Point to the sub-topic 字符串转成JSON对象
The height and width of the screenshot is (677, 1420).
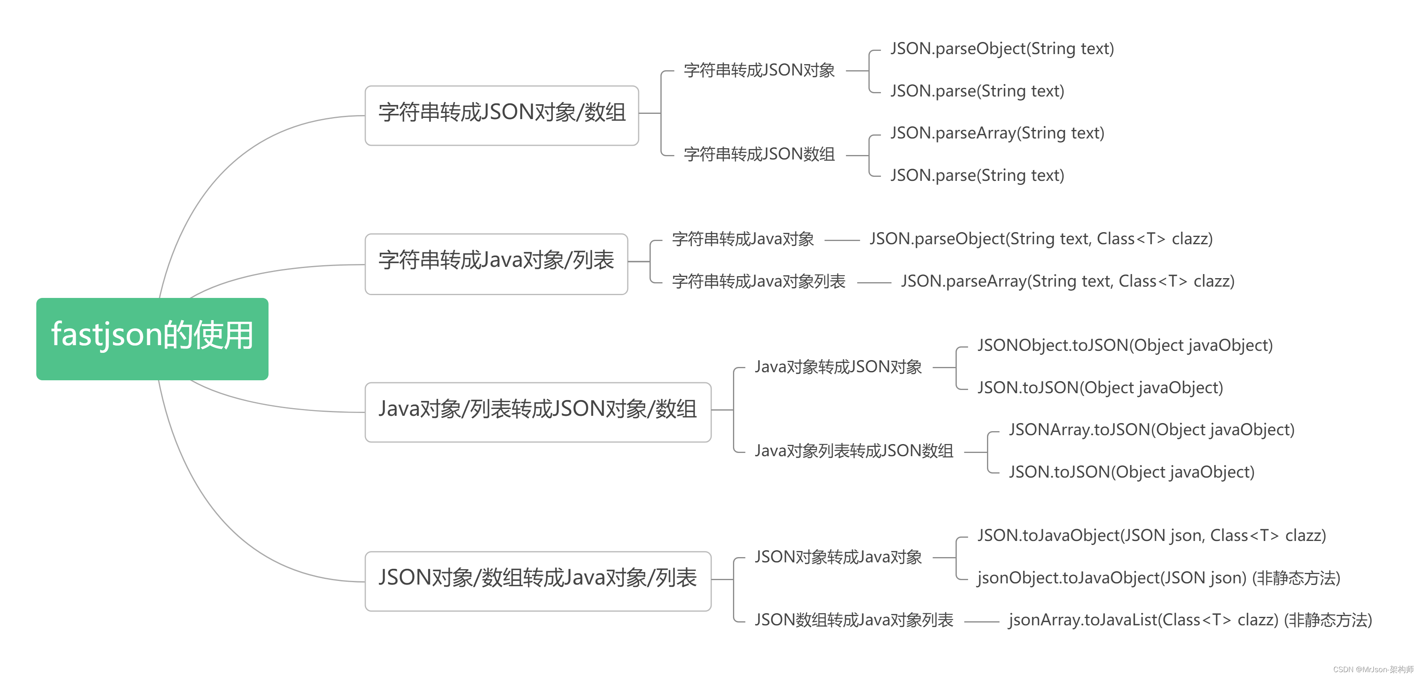[x=759, y=71]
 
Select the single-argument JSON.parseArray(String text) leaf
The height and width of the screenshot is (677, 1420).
[x=997, y=133]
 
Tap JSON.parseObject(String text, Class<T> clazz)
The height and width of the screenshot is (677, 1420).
[x=1041, y=239]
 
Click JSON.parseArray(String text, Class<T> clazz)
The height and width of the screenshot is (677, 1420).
[x=1067, y=281]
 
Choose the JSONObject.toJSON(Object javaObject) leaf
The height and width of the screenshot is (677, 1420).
[x=1124, y=346]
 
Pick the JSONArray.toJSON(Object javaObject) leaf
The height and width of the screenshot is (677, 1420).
[x=1151, y=430]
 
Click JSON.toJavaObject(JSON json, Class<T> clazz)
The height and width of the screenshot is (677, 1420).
[x=1151, y=536]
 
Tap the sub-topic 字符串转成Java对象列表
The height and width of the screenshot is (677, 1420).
[x=758, y=281]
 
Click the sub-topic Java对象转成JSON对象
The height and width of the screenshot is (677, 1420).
[x=838, y=367]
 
